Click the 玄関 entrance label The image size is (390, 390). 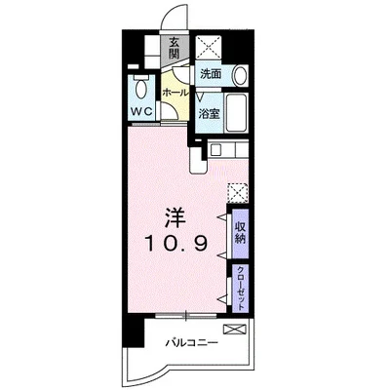pos(175,48)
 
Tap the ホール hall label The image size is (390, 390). pos(175,93)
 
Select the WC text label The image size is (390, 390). pos(141,112)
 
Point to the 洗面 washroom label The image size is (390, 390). pos(211,74)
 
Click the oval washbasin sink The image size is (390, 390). pos(241,75)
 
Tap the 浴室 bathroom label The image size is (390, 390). pos(210,114)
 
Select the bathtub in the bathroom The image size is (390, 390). pos(237,112)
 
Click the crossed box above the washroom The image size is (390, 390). pos(209,48)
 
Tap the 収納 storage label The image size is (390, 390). pos(240,233)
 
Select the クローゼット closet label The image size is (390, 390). pos(241,288)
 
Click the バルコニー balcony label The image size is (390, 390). pos(191,342)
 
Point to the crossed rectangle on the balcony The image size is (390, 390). pos(235,330)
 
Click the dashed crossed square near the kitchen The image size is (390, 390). pos(238,193)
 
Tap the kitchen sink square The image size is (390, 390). pos(216,149)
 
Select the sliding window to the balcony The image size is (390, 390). pos(186,315)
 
